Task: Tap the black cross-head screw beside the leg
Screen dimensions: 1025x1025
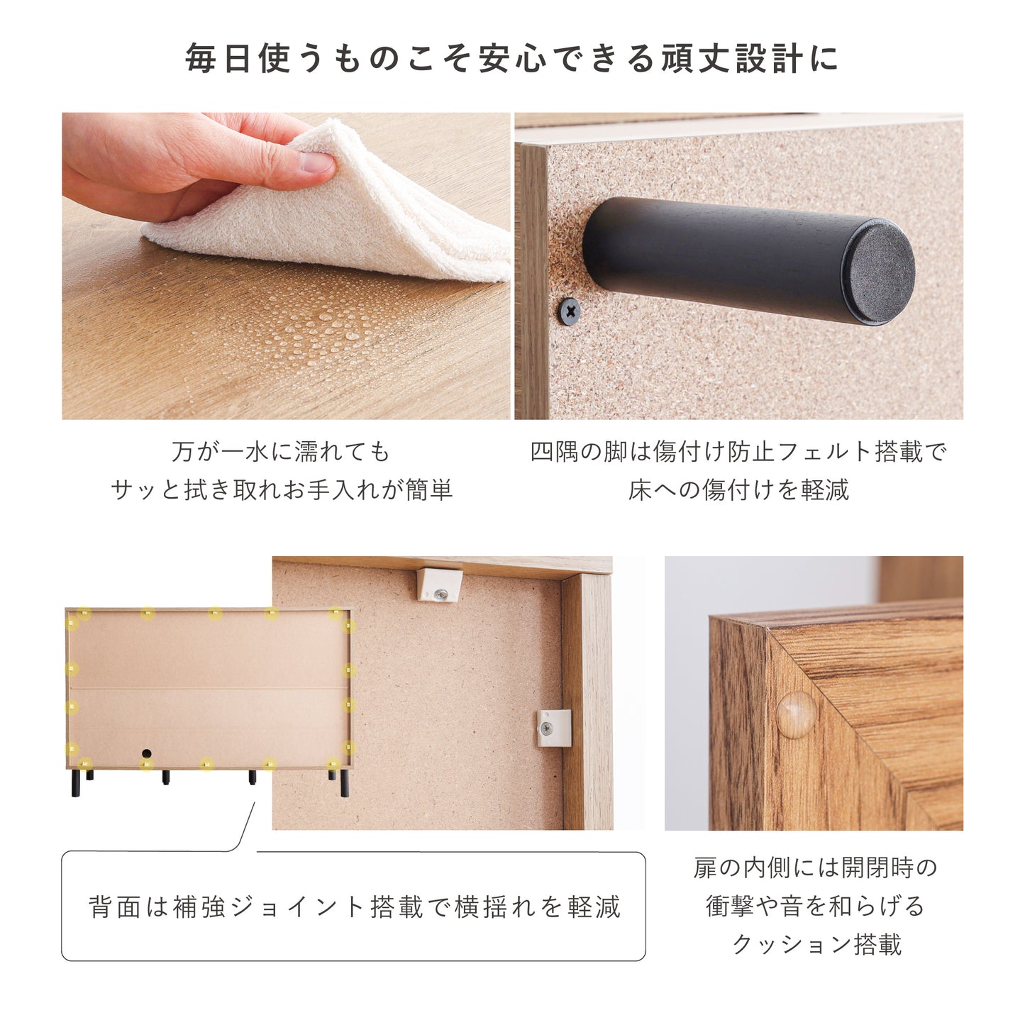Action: [570, 311]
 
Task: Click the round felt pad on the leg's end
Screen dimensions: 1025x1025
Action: [878, 272]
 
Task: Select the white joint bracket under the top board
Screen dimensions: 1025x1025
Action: [439, 584]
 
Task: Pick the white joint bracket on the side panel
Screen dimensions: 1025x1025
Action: [553, 727]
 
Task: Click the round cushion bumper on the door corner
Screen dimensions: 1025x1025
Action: [796, 715]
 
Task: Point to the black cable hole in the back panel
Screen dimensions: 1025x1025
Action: [146, 754]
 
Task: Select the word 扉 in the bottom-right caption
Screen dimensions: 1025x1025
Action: [705, 868]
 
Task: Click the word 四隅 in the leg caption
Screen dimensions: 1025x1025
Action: [554, 452]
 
